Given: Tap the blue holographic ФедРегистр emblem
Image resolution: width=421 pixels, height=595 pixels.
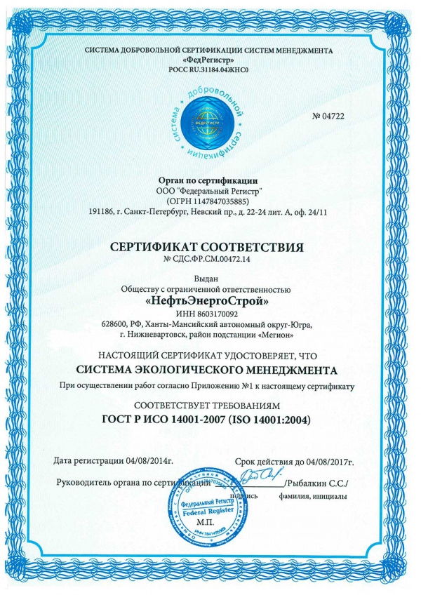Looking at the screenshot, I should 210,123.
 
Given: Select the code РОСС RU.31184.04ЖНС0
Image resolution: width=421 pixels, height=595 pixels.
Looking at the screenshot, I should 210,71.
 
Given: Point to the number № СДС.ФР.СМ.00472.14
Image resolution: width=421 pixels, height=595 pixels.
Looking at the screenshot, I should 210,260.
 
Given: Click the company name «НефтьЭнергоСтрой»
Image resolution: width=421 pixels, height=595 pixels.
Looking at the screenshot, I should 210,300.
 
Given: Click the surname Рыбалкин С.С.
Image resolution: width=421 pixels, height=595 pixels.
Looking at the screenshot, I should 315,484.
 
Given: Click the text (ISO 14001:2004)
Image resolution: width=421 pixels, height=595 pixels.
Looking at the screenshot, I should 272,420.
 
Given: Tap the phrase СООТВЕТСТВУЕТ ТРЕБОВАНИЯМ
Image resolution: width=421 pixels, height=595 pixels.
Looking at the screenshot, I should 210,406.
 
